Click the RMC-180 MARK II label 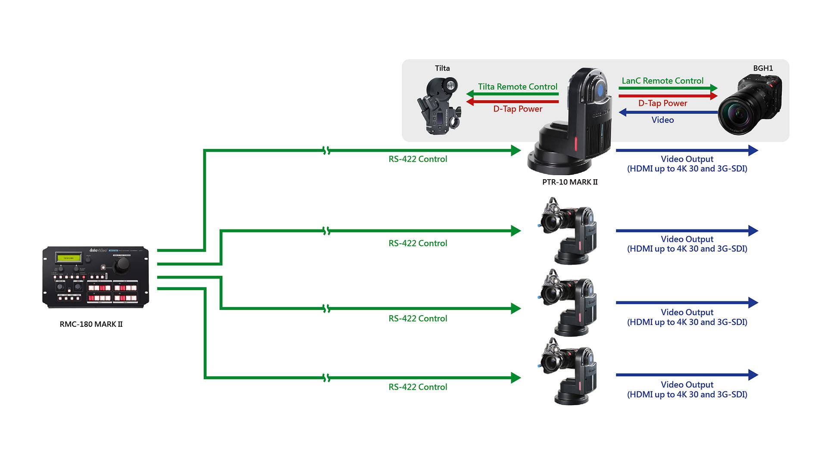(x=91, y=324)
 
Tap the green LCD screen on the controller (x=69, y=258)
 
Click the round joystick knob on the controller (x=119, y=268)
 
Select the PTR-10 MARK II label (x=570, y=182)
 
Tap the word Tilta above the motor (x=442, y=68)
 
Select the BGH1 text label (x=763, y=68)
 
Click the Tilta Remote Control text (x=517, y=87)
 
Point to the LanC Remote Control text (x=662, y=81)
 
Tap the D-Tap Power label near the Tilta (x=517, y=109)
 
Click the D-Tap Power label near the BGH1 (x=662, y=103)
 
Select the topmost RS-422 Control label (x=418, y=159)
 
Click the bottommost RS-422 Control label (x=418, y=387)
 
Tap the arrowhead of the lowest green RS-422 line (x=516, y=378)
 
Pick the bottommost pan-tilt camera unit (x=568, y=372)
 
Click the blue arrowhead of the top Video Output (x=753, y=150)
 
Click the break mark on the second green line (x=326, y=231)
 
